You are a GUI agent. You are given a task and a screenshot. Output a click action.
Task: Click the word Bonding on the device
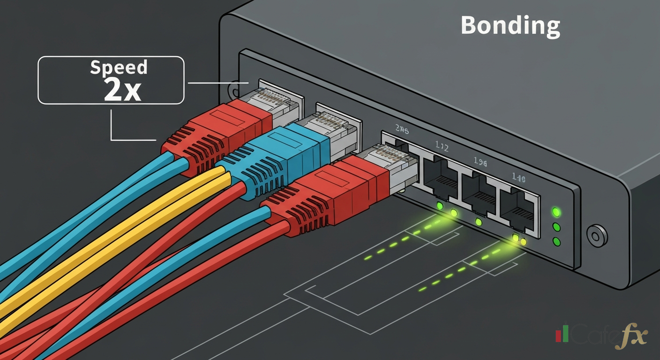coord(510,26)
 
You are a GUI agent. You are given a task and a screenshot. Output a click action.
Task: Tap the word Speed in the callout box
coord(119,68)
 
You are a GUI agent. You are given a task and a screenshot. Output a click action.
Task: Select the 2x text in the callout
coord(122,90)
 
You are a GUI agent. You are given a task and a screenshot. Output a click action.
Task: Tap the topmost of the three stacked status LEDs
coord(556,211)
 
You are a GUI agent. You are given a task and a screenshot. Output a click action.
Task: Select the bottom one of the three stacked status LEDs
coord(556,242)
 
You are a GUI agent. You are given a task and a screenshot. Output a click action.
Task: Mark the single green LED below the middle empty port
coord(478,221)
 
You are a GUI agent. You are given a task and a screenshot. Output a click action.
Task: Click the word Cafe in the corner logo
coord(592,336)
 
